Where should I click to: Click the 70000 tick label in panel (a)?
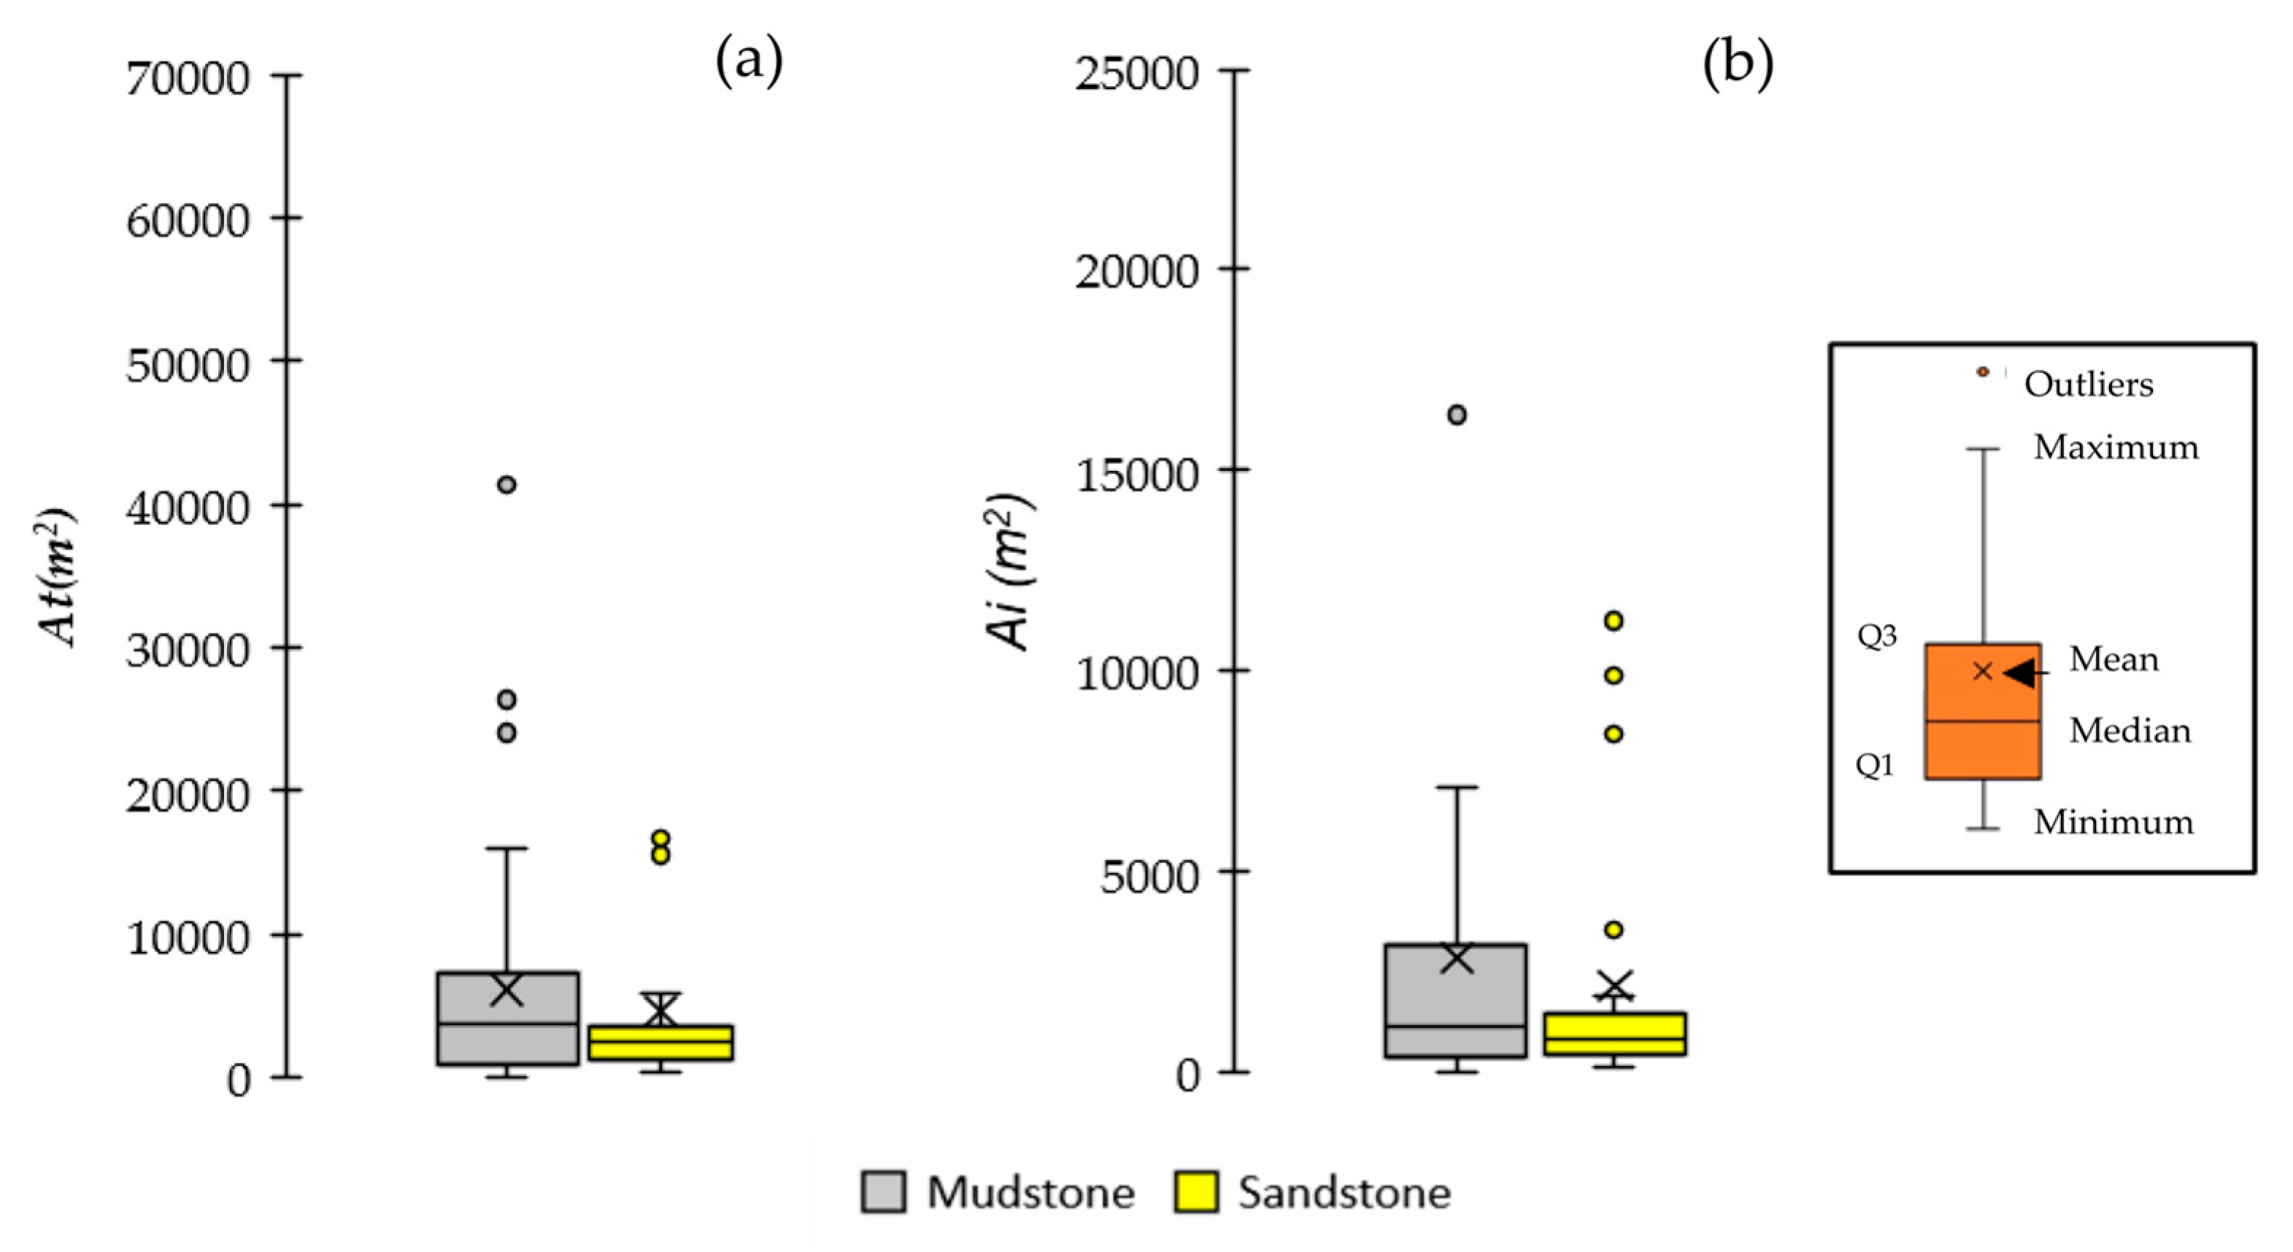coord(188,78)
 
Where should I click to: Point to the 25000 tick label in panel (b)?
coord(1137,73)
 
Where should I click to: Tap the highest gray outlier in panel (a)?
coord(506,485)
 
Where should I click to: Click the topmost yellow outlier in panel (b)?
coord(1613,621)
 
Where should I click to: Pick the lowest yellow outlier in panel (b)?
coord(1613,929)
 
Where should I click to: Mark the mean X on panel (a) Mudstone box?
coord(507,989)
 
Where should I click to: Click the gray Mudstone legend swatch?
coord(883,1191)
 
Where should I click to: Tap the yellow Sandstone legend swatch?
coord(1196,1191)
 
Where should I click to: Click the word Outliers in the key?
coord(2088,385)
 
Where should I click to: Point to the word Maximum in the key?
coord(2116,447)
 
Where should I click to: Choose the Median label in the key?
coord(2130,731)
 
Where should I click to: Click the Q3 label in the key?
coord(1876,636)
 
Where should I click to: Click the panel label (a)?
coord(749,62)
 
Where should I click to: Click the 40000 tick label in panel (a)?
coord(188,508)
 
